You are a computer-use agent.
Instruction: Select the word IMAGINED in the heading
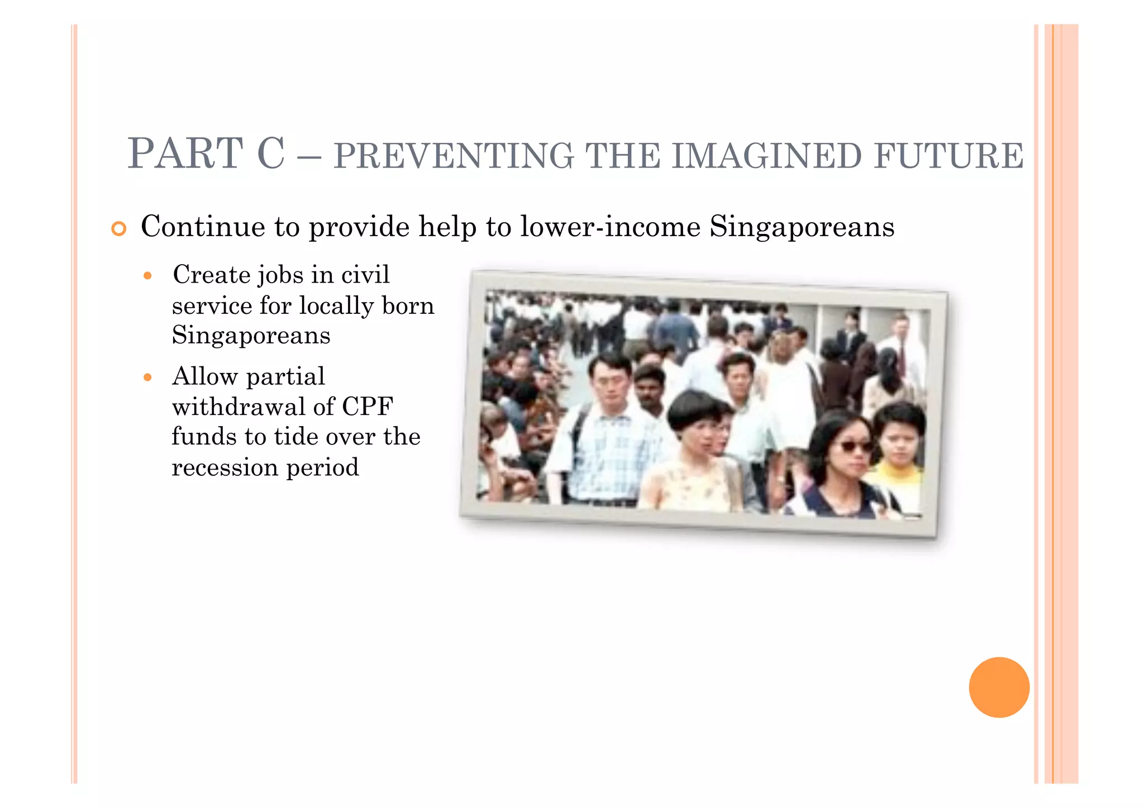point(767,156)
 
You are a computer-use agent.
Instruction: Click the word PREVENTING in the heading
point(454,156)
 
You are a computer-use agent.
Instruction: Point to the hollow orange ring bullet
point(118,228)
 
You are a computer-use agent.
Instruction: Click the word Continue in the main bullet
point(203,227)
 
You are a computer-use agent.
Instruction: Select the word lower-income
point(610,227)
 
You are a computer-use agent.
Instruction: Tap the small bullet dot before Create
point(147,276)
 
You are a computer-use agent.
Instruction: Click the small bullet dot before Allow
point(147,377)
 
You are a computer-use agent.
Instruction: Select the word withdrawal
point(239,407)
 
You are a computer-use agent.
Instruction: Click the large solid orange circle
point(999,687)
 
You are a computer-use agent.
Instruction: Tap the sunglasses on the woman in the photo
point(853,446)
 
